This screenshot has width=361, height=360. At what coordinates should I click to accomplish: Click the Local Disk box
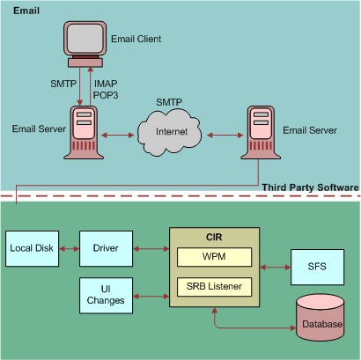32,248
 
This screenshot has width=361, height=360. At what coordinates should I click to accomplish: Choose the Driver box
106,248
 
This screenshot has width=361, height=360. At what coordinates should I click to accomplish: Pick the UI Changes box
106,294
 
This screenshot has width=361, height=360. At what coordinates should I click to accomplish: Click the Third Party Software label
310,187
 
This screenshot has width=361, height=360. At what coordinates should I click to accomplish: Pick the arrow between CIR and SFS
276,265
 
